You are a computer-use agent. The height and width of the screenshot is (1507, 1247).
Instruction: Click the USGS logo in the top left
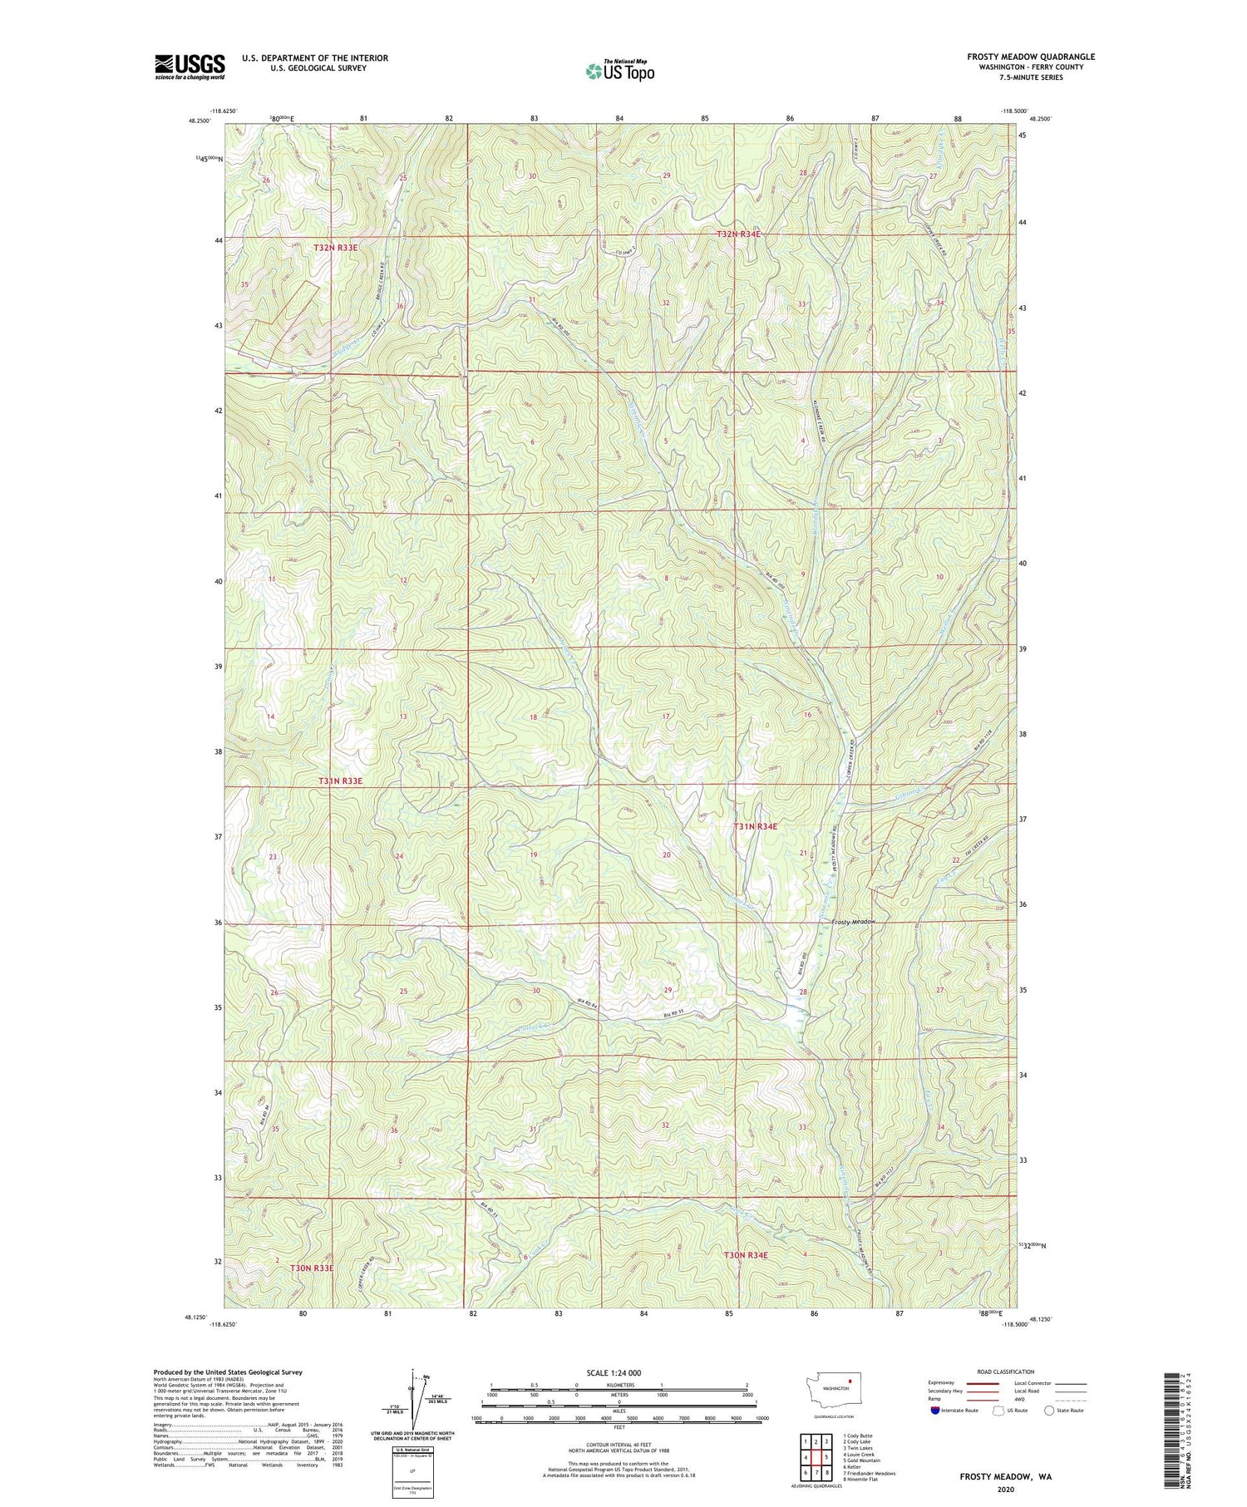point(190,66)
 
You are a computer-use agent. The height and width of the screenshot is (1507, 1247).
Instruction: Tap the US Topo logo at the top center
point(619,71)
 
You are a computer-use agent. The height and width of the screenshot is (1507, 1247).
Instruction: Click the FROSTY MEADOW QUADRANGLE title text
point(1031,57)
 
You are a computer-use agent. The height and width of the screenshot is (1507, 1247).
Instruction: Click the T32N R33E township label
point(341,248)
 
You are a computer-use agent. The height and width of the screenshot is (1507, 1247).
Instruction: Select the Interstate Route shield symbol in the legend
point(935,1411)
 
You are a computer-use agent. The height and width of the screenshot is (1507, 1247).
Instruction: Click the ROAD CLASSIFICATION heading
point(1006,1372)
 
